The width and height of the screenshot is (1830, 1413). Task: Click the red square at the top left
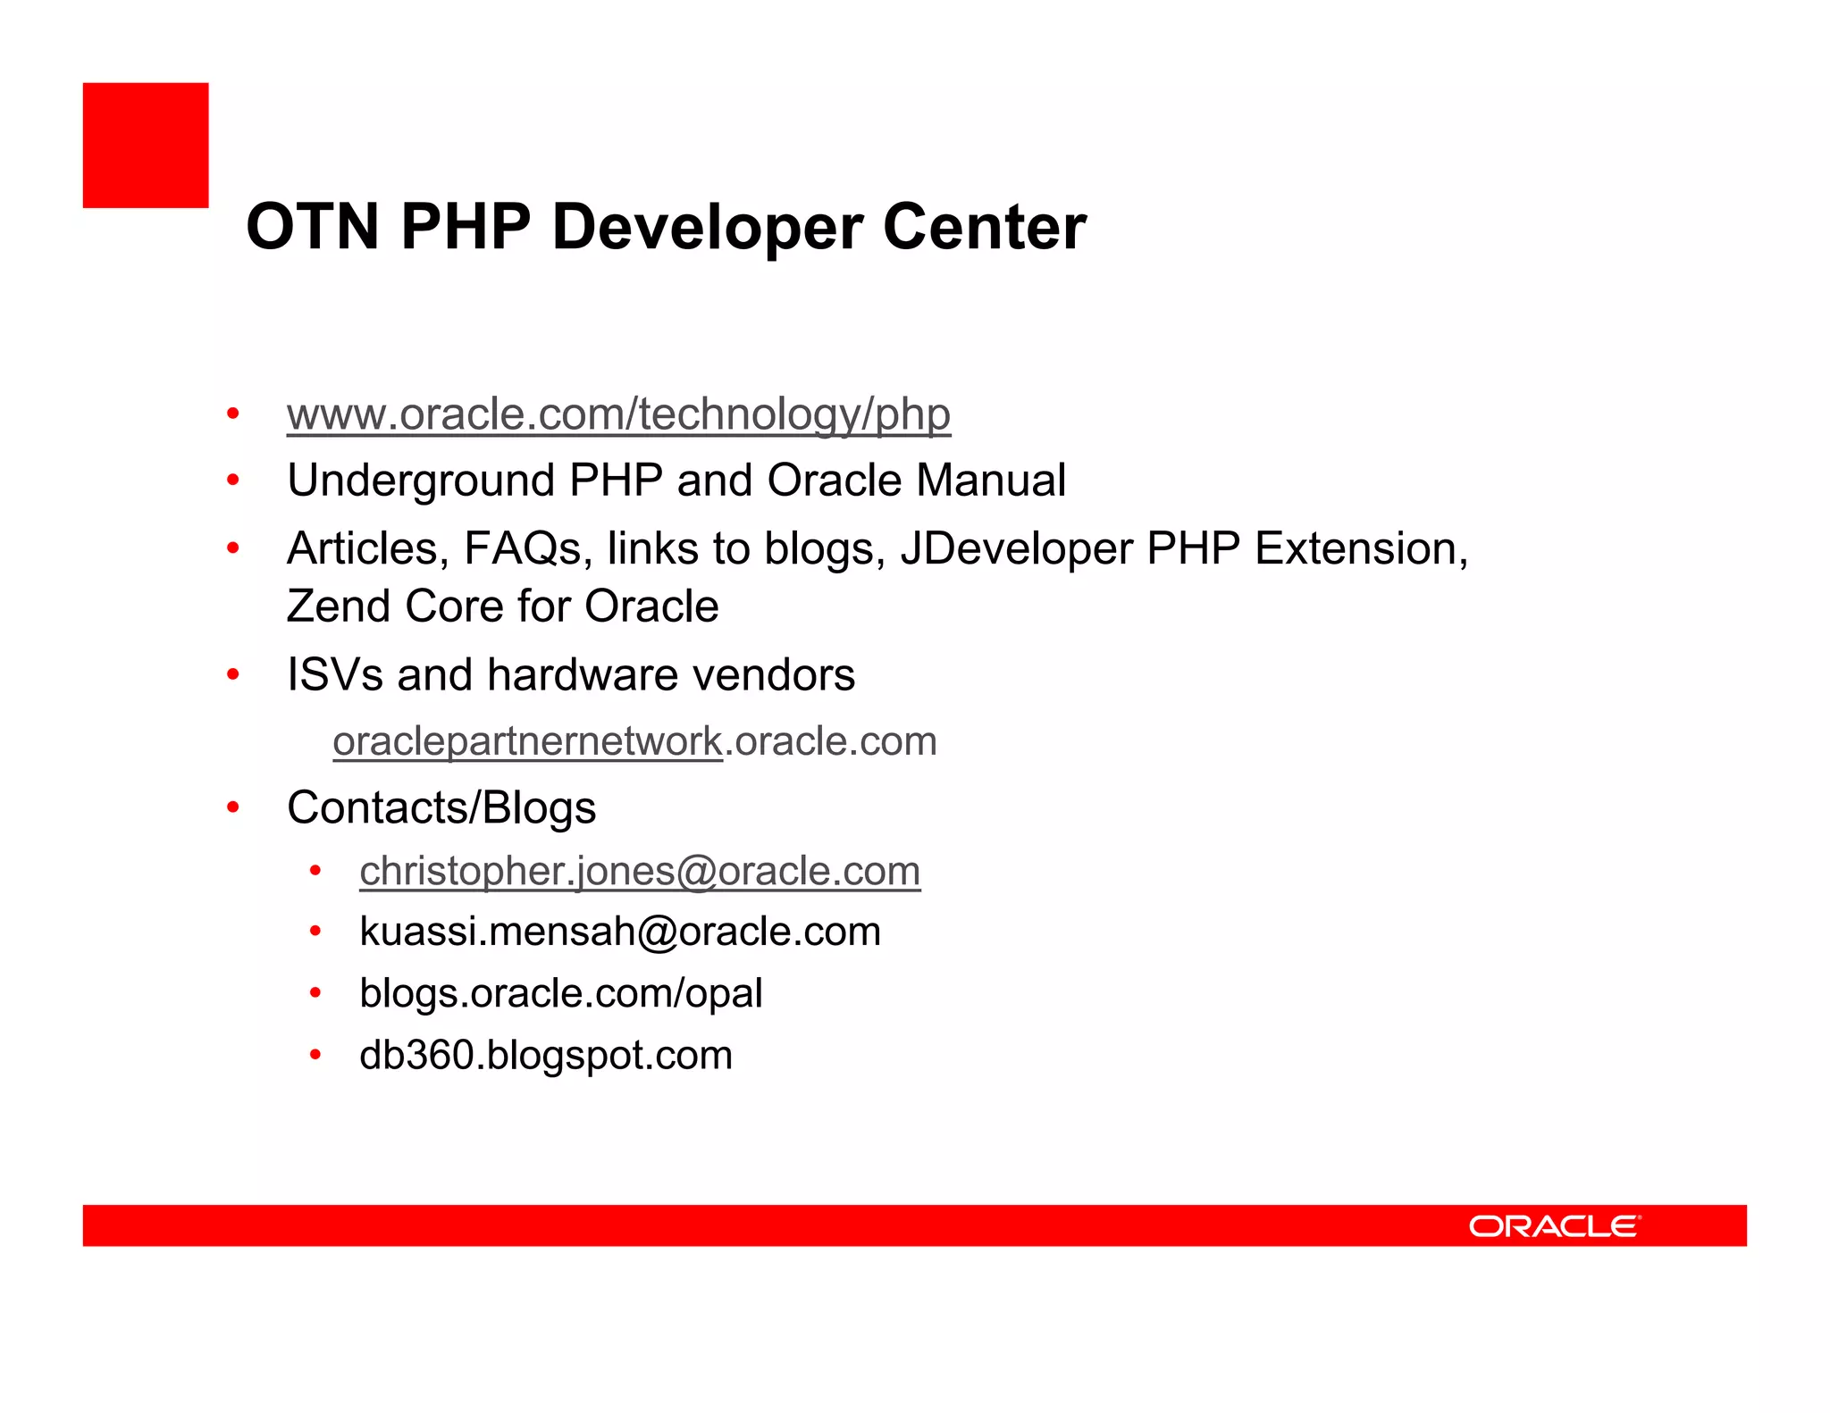pyautogui.click(x=146, y=146)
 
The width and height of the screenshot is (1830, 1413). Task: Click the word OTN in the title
pyautogui.click(x=313, y=227)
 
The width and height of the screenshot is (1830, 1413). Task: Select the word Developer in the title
pyautogui.click(x=706, y=227)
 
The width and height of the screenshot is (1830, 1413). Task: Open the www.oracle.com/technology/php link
pyautogui.click(x=618, y=414)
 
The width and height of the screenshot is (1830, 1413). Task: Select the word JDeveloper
pyautogui.click(x=1016, y=548)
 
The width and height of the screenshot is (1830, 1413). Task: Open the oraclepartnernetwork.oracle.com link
pyautogui.click(x=634, y=741)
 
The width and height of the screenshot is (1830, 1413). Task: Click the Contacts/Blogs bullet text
pyautogui.click(x=441, y=808)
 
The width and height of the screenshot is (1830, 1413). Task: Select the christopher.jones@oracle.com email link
pyautogui.click(x=640, y=871)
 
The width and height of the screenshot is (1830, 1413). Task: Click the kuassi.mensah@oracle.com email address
pyautogui.click(x=620, y=932)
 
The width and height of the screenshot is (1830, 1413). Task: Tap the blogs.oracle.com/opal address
pyautogui.click(x=561, y=993)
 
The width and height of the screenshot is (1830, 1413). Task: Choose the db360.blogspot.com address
pyautogui.click(x=546, y=1055)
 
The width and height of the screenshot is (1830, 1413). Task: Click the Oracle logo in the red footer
pyautogui.click(x=1554, y=1225)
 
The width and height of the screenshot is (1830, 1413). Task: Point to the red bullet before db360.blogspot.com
pyautogui.click(x=315, y=1055)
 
